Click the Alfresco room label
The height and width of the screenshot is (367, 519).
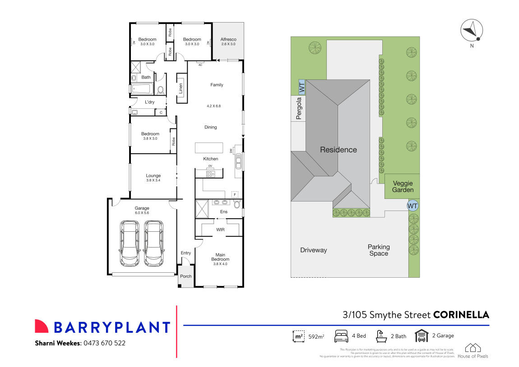pyautogui.click(x=228, y=40)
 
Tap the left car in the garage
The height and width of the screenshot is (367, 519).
pyautogui.click(x=130, y=243)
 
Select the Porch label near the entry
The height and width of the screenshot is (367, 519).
pyautogui.click(x=185, y=276)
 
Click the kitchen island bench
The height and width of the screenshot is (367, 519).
pyautogui.click(x=209, y=148)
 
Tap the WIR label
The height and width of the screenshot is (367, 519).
pyautogui.click(x=221, y=229)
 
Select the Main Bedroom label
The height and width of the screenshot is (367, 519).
pyautogui.click(x=220, y=257)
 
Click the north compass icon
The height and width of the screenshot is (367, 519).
pyautogui.click(x=472, y=31)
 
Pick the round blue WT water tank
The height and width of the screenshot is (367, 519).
pyautogui.click(x=412, y=206)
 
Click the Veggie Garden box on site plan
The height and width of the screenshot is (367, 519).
pyautogui.click(x=403, y=186)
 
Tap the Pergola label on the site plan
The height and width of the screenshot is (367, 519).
pyautogui.click(x=298, y=109)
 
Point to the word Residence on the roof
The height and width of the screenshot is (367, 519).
pyautogui.click(x=338, y=150)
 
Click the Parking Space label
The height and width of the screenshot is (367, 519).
pyautogui.click(x=379, y=250)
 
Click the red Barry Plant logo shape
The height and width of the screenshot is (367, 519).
pyautogui.click(x=41, y=326)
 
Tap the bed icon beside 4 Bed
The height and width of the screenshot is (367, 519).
pyautogui.click(x=341, y=336)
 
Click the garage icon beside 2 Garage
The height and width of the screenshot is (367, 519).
pyautogui.click(x=421, y=336)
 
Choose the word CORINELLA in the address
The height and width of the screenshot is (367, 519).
pyautogui.click(x=461, y=315)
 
